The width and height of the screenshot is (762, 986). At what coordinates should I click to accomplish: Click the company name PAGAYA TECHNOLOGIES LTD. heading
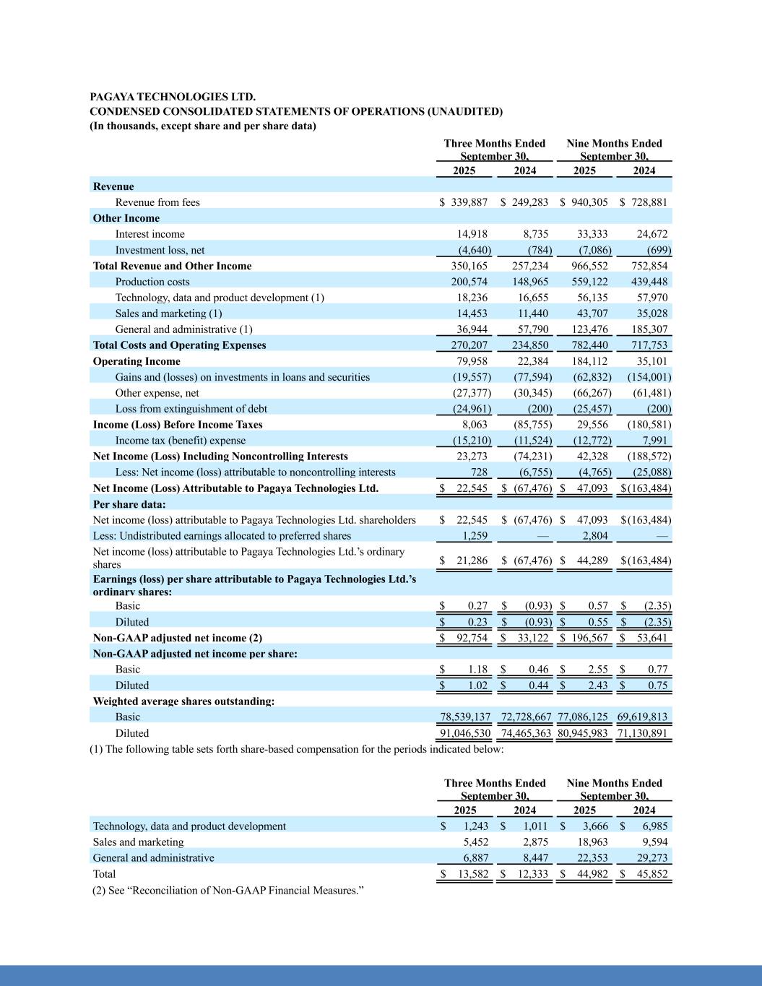click(x=172, y=97)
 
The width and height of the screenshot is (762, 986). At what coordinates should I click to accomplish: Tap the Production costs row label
click(x=152, y=282)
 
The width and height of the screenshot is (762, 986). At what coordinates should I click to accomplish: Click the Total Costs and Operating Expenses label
click(x=179, y=345)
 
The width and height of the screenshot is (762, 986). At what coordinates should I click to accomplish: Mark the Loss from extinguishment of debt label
click(x=191, y=409)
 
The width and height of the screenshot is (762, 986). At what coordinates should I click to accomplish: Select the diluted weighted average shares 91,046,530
click(x=465, y=733)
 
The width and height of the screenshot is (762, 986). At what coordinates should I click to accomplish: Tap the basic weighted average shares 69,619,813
click(x=642, y=717)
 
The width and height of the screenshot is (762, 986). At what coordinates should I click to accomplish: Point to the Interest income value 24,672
click(x=651, y=234)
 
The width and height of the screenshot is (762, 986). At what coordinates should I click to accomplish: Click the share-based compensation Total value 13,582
click(x=473, y=874)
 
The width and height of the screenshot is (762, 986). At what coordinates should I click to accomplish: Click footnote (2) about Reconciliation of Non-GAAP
click(x=228, y=890)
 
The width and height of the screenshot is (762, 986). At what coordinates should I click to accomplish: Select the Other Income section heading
click(x=126, y=218)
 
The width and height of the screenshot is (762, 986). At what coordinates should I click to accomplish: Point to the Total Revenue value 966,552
click(x=589, y=266)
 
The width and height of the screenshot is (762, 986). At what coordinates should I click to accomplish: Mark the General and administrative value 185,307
click(x=649, y=329)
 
